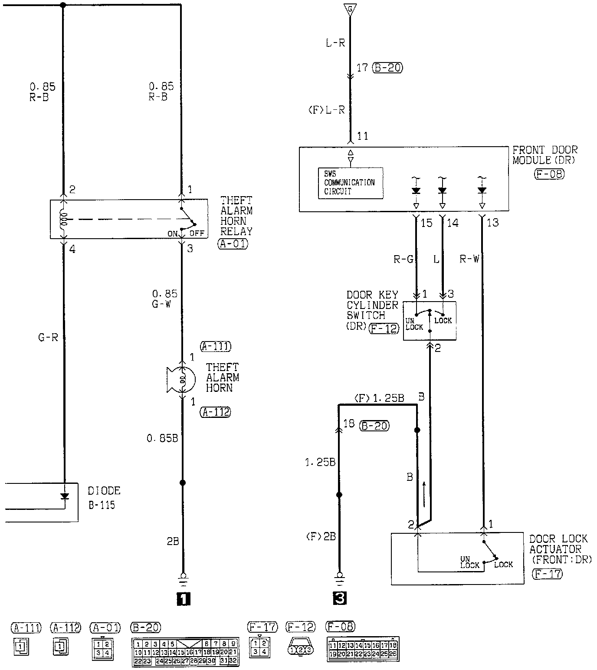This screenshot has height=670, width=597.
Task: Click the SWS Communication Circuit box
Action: point(350,183)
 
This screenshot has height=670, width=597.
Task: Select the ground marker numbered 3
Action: point(340,599)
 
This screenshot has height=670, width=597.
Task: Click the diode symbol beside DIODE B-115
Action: point(65,496)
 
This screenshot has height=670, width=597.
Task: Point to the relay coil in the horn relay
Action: point(64,219)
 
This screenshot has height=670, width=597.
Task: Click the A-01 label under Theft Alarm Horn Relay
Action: point(233,243)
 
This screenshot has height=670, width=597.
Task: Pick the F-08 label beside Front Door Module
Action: point(550,174)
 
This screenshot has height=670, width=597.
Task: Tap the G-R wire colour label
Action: point(48,337)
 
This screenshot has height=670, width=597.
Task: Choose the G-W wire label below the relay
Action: point(161,304)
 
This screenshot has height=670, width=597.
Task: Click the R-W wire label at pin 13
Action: point(469,259)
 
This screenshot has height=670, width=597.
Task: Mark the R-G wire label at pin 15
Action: point(403,259)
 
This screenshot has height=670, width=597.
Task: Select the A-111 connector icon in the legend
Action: point(21,647)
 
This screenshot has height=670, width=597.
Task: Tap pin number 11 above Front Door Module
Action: point(363,136)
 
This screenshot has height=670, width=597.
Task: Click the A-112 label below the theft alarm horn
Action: point(215,412)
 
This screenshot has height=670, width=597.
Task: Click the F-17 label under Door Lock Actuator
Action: point(547,574)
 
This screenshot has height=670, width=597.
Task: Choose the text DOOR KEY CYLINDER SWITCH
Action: point(372,305)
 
